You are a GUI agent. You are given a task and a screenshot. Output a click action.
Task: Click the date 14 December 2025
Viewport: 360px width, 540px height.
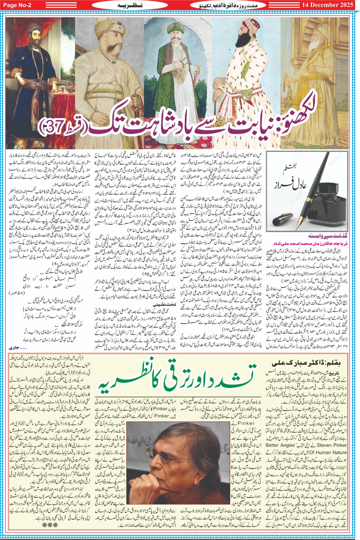tap(327, 5)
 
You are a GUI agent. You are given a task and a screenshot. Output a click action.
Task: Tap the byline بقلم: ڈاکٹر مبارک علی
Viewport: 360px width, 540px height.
tap(306, 363)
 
